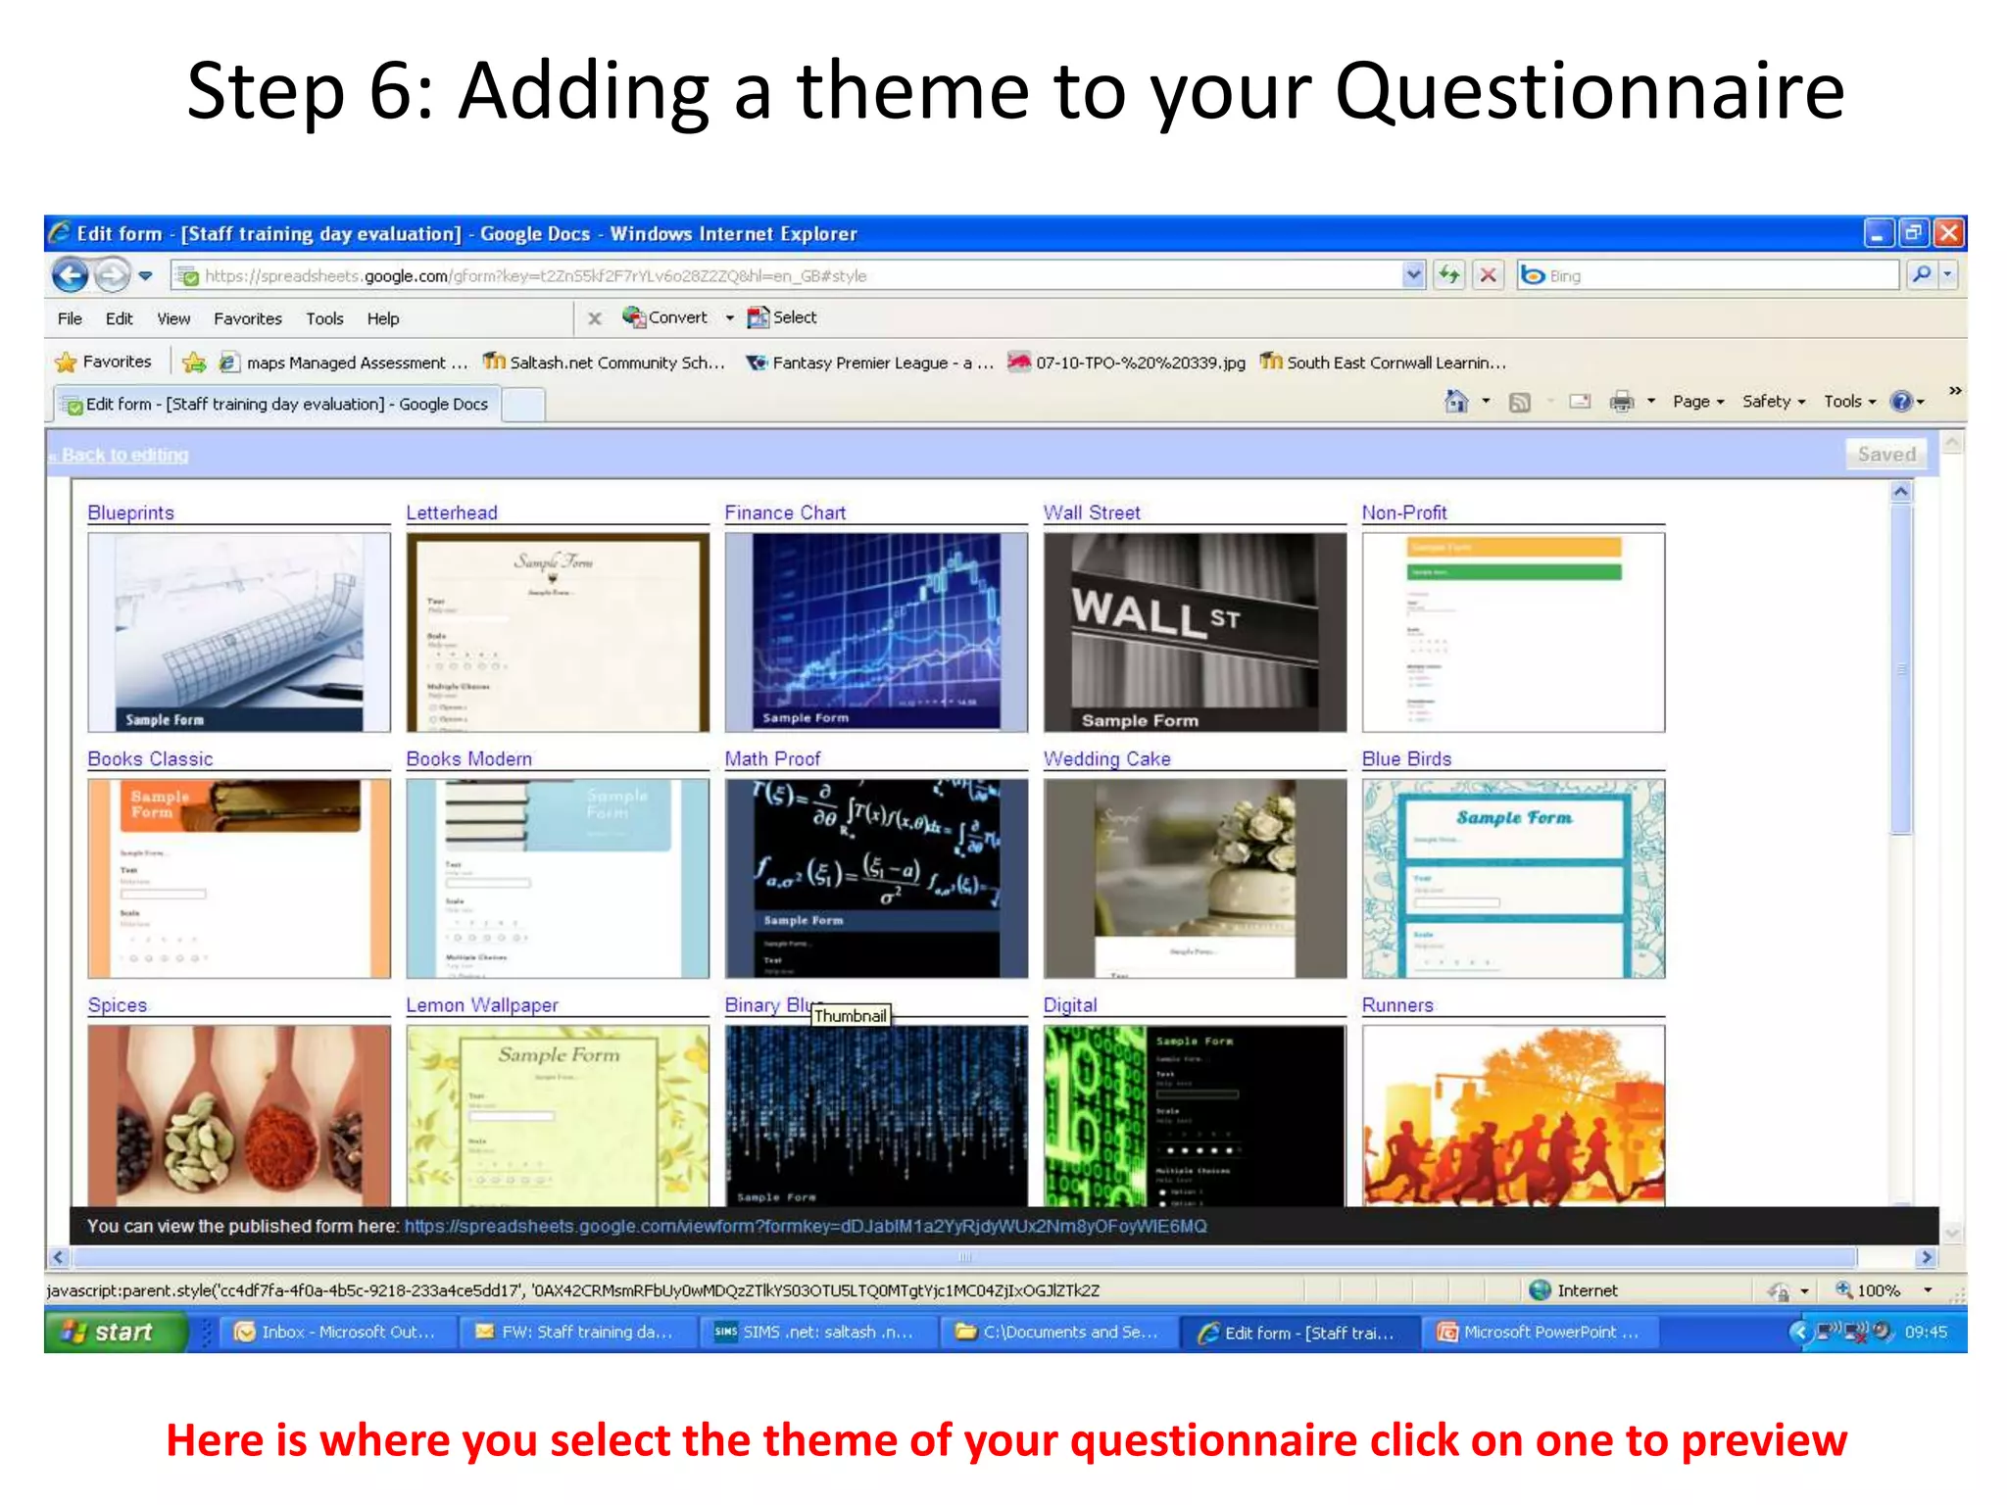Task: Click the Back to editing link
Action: point(123,455)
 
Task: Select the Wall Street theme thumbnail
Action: point(1194,632)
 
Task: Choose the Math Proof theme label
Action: point(772,758)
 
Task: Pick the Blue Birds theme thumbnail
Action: point(1512,878)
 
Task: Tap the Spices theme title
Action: point(117,1004)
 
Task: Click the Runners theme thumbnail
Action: point(1512,1115)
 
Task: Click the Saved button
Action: point(1885,454)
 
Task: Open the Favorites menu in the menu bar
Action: point(247,318)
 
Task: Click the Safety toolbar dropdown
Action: point(1772,401)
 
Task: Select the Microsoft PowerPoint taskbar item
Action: point(1539,1332)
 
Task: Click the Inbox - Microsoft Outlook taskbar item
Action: point(336,1332)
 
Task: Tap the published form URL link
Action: point(805,1226)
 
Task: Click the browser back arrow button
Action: point(70,275)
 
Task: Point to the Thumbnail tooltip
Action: point(850,1016)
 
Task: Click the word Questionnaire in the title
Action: point(1589,91)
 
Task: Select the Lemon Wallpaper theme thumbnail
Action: point(557,1115)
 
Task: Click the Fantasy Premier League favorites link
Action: point(870,363)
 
